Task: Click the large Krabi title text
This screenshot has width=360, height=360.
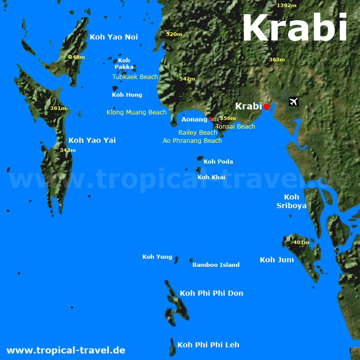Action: [x=295, y=28]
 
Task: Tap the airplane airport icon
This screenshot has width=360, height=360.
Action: [x=293, y=101]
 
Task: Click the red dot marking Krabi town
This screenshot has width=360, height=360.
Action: [x=266, y=106]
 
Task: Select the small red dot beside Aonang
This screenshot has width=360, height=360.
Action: [x=211, y=119]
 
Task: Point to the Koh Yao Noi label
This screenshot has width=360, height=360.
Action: [x=113, y=37]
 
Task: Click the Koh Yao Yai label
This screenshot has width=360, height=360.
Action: [x=92, y=140]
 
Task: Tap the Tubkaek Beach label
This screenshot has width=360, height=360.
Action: [x=135, y=77]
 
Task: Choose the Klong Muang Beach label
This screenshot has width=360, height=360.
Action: [x=136, y=112]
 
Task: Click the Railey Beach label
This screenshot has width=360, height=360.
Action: [x=197, y=133]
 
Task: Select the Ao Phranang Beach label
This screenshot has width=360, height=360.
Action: [x=192, y=141]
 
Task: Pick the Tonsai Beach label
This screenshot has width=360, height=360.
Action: [x=235, y=127]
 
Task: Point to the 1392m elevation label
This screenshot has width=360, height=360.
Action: [x=287, y=5]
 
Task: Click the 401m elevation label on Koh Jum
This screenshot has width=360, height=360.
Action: [x=301, y=242]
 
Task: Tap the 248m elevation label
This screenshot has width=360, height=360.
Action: [x=76, y=57]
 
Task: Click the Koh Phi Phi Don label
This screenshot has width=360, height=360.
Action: [x=211, y=293]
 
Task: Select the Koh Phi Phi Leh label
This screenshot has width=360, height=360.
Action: [x=208, y=345]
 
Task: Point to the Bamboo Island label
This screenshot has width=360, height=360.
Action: [x=216, y=265]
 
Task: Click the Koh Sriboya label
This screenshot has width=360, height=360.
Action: [x=291, y=201]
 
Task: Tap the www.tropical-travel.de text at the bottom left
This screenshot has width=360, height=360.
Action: [x=65, y=350]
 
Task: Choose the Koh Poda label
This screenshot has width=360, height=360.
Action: [x=218, y=162]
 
